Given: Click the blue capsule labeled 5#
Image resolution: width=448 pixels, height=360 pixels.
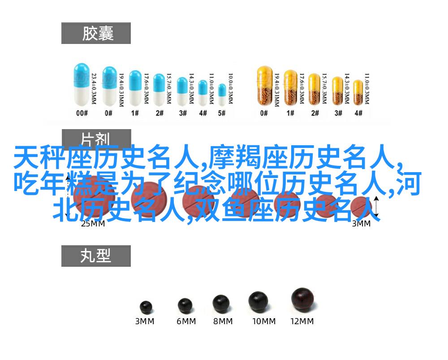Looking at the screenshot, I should [222, 94].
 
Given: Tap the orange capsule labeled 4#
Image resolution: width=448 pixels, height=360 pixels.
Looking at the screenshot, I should [358, 93].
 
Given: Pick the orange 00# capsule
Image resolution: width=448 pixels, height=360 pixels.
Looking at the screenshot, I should [264, 87].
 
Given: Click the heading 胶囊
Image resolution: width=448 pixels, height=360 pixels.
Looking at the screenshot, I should [96, 33].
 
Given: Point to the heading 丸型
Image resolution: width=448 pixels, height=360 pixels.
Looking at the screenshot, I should [96, 256].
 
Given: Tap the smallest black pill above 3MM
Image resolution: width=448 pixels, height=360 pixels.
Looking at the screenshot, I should [146, 307].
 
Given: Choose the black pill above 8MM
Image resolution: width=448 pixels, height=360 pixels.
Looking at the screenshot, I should [221, 303].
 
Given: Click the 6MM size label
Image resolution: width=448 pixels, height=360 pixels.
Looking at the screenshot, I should [186, 321].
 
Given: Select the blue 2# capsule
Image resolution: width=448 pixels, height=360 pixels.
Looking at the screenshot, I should [159, 90].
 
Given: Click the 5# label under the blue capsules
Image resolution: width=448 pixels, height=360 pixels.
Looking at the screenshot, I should [221, 113].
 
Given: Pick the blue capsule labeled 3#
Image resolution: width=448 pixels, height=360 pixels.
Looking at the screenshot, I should [182, 91].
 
